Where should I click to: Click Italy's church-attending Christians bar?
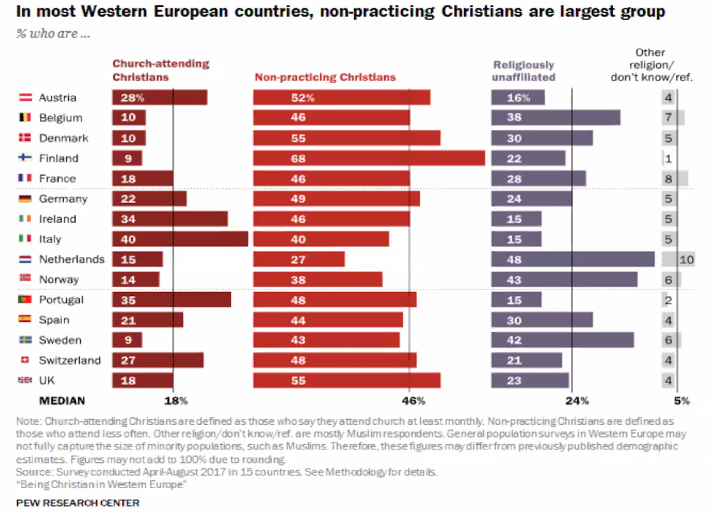click(180, 239)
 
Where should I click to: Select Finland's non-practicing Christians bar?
click(369, 158)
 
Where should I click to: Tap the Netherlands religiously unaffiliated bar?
click(573, 260)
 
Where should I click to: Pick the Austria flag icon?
click(25, 98)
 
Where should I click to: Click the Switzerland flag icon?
click(25, 360)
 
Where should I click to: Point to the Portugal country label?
click(61, 300)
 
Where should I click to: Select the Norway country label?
click(59, 279)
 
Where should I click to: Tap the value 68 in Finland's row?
click(299, 158)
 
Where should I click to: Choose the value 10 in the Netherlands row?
click(686, 260)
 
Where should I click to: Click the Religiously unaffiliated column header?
click(524, 71)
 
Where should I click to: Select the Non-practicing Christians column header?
click(325, 78)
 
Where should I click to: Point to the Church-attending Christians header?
click(161, 70)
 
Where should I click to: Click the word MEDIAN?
click(62, 401)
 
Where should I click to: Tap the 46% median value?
click(413, 401)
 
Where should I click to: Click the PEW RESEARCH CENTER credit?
click(78, 503)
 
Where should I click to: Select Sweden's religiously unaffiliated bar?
click(562, 341)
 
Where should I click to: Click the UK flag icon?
click(25, 381)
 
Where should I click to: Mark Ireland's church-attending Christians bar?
click(170, 219)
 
